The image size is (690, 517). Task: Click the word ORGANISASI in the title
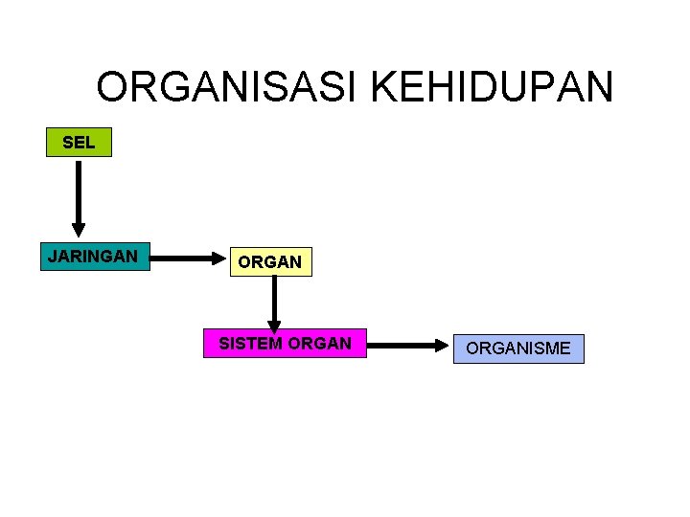[227, 88]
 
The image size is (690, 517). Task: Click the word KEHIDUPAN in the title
[491, 88]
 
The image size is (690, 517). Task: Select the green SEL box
[79, 143]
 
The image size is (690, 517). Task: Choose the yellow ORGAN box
[270, 261]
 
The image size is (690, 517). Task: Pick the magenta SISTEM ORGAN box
[285, 343]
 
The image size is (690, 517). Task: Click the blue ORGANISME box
[518, 348]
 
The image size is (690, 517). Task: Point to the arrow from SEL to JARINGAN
[79, 196]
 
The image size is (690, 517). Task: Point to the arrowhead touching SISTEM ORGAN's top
[274, 326]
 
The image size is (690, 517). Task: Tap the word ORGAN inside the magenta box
[319, 343]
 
